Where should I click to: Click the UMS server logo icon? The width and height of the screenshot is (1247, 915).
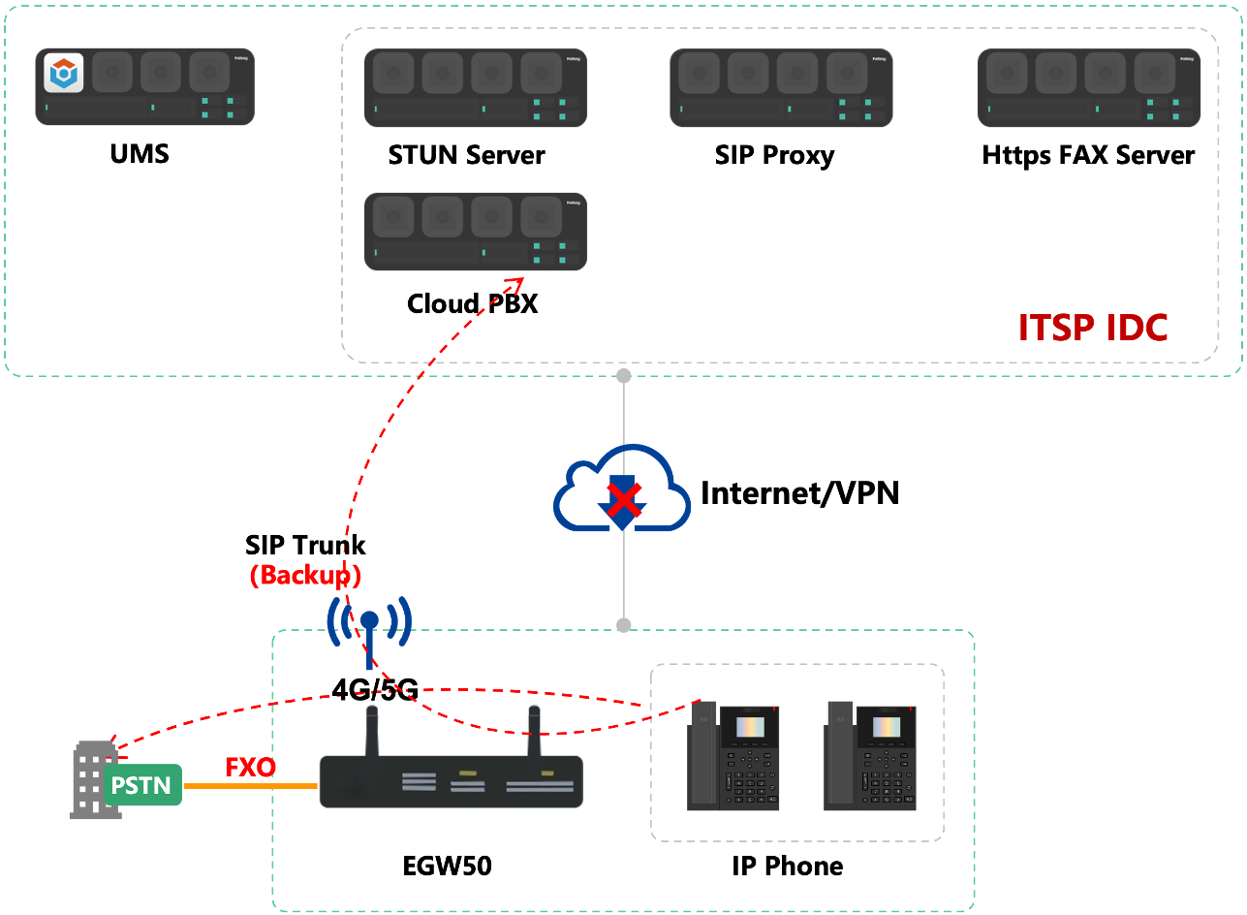tap(63, 73)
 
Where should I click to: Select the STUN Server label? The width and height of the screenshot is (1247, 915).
tap(466, 155)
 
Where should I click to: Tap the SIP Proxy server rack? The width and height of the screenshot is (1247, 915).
tap(781, 87)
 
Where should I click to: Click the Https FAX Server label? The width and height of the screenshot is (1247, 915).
tap(1088, 155)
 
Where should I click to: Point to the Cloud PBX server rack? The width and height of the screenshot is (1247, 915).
tap(476, 232)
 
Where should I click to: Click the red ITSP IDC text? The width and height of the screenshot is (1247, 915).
tap(1093, 328)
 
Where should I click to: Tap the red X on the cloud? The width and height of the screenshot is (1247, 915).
tap(624, 499)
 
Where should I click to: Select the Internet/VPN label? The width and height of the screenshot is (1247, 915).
tap(800, 493)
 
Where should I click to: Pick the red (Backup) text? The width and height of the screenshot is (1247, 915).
tap(305, 576)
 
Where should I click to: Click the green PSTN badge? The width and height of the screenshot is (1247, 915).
tap(142, 785)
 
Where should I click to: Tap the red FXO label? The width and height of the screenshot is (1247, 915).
tap(251, 768)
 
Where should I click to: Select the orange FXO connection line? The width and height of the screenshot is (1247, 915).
tap(251, 786)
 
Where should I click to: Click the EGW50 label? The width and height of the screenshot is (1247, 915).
tap(447, 866)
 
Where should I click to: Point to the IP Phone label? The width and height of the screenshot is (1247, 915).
tap(787, 867)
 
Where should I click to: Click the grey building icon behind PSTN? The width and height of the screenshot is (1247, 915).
tap(89, 779)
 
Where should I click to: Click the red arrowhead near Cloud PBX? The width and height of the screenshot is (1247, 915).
tap(515, 285)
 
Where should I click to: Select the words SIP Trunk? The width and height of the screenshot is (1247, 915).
tap(305, 545)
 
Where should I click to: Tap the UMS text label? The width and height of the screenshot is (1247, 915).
tap(140, 154)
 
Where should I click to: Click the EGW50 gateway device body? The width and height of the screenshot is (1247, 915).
tap(451, 781)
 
